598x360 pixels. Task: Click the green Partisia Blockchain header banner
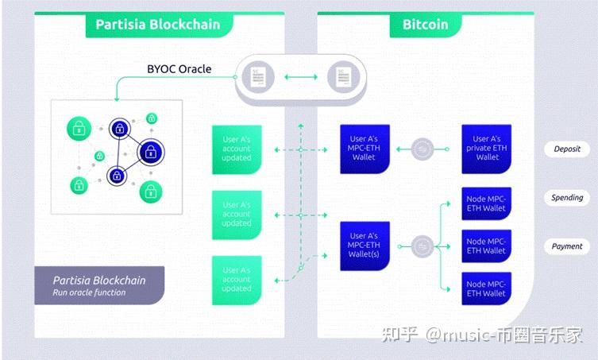[x=159, y=24]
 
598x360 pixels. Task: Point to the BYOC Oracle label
[x=179, y=69]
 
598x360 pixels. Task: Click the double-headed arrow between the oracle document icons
[x=299, y=77]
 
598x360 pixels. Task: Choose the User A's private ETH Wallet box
[x=486, y=149]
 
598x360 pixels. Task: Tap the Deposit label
[x=567, y=149]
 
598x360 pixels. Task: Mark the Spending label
[x=567, y=198]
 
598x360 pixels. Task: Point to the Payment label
[x=567, y=246]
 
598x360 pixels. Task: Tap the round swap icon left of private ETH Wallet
[x=425, y=149]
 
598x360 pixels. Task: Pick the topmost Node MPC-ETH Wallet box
[x=486, y=203]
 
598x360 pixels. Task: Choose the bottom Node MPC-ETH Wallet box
[x=486, y=288]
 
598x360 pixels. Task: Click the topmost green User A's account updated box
[x=237, y=149]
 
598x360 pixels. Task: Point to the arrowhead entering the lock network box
[x=116, y=98]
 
